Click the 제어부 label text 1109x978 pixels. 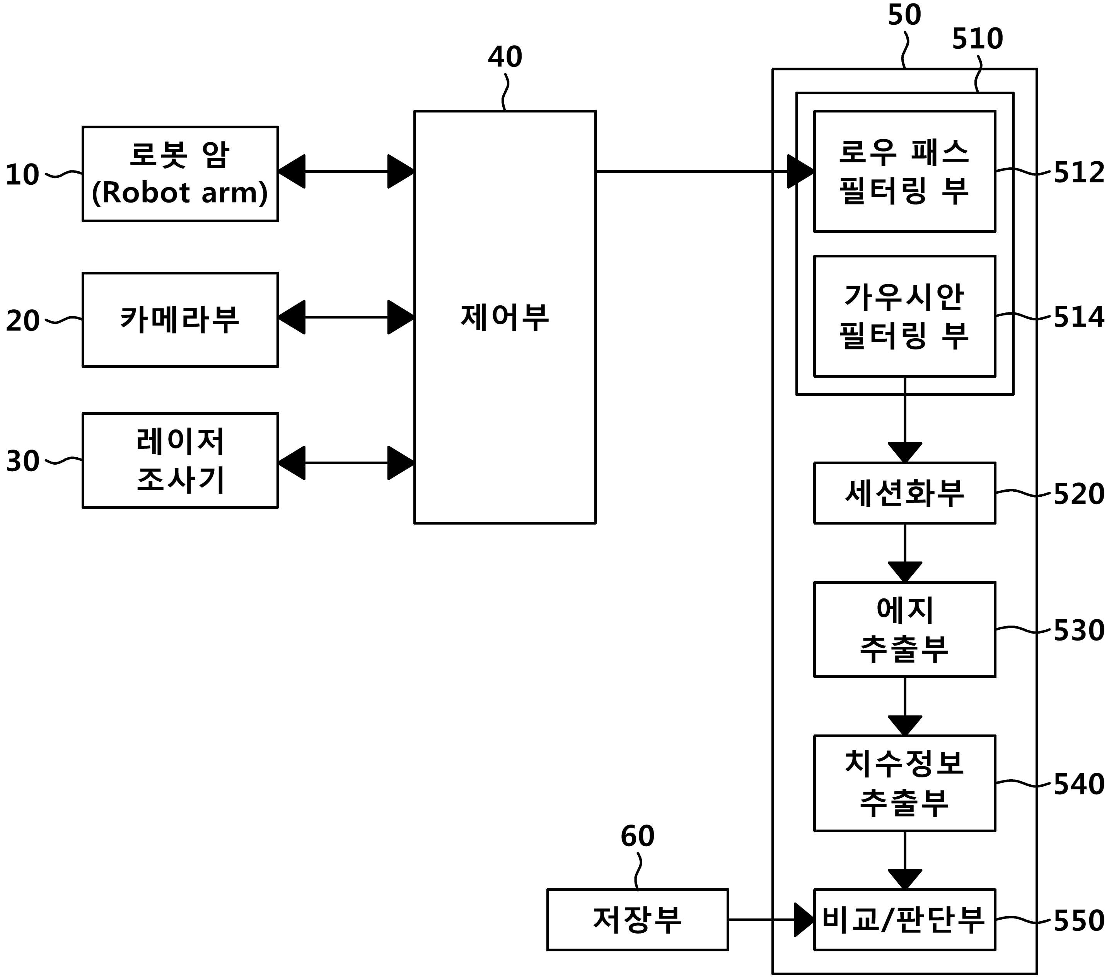[505, 317]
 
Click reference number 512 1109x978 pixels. [1078, 172]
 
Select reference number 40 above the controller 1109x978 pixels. [505, 56]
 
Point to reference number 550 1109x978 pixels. [1078, 920]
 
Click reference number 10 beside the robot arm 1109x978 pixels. [22, 175]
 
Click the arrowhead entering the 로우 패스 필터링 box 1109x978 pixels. [801, 171]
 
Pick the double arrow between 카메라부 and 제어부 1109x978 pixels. [346, 317]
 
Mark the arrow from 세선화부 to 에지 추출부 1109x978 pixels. [904, 553]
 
